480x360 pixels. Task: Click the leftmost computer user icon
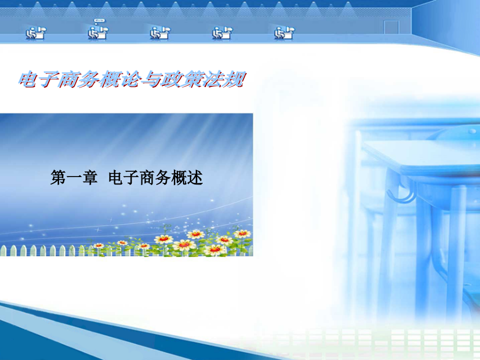(36, 33)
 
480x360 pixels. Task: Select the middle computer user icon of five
(160, 33)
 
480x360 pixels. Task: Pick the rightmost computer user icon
(284, 33)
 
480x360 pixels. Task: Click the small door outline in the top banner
(391, 27)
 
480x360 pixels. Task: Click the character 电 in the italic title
(28, 79)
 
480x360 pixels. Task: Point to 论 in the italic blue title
(131, 79)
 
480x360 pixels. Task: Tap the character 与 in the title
(151, 79)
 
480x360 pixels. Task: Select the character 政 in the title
(171, 79)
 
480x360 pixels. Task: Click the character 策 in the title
(192, 79)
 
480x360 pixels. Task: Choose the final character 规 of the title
(234, 79)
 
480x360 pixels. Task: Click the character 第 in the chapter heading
(59, 178)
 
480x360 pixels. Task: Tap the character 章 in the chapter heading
(90, 178)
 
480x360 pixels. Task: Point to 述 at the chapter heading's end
(195, 178)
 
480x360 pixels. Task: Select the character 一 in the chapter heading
(74, 178)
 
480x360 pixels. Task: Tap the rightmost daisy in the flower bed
(242, 234)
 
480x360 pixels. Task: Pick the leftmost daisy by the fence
(99, 245)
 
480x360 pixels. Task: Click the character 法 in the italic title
(213, 79)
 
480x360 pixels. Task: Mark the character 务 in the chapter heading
(163, 178)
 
